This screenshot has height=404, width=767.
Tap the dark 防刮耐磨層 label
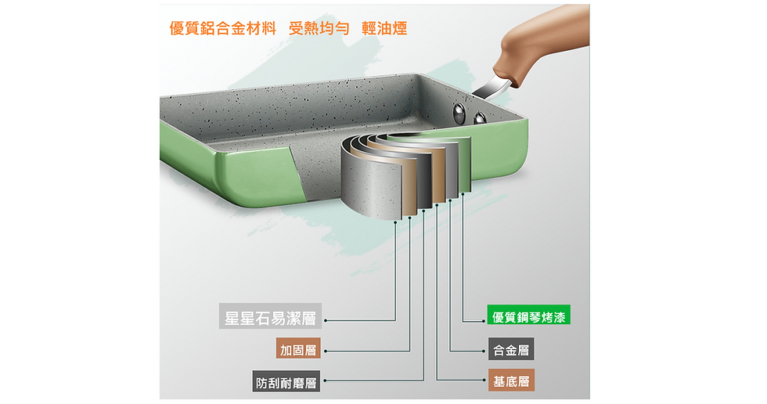tap(286, 381)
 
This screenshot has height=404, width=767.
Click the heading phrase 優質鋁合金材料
tap(223, 28)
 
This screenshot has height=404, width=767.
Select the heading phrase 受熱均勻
tap(319, 28)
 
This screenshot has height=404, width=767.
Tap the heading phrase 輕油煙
tap(384, 28)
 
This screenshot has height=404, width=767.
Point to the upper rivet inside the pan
tap(460, 112)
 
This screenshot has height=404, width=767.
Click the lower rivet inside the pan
tap(480, 118)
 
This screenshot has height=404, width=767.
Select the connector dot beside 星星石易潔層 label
tap(326, 320)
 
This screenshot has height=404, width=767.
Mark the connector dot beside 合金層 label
tap(484, 352)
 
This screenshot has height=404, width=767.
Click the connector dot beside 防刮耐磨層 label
tap(325, 381)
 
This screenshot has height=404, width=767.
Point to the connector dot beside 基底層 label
tap(484, 381)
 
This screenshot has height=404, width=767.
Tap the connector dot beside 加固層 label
tap(326, 352)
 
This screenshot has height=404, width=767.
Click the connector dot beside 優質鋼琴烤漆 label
tap(484, 321)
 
